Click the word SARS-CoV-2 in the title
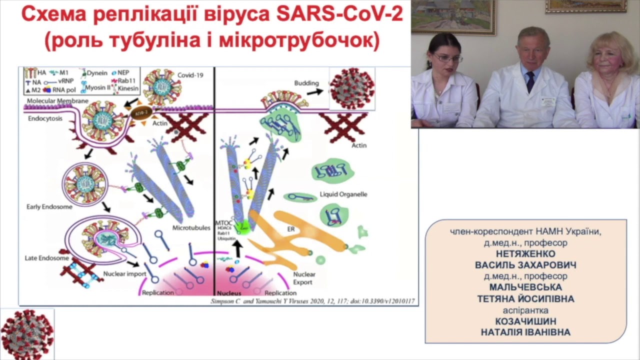(x=339, y=15)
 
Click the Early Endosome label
(x=49, y=206)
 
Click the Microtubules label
(x=189, y=227)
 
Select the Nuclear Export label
(x=303, y=278)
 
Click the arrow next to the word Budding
(x=314, y=92)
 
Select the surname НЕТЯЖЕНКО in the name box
(x=525, y=253)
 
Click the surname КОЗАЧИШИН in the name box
(x=525, y=321)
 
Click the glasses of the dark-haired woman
(x=447, y=58)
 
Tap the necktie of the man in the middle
(x=530, y=81)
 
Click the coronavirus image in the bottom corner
(x=27, y=334)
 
